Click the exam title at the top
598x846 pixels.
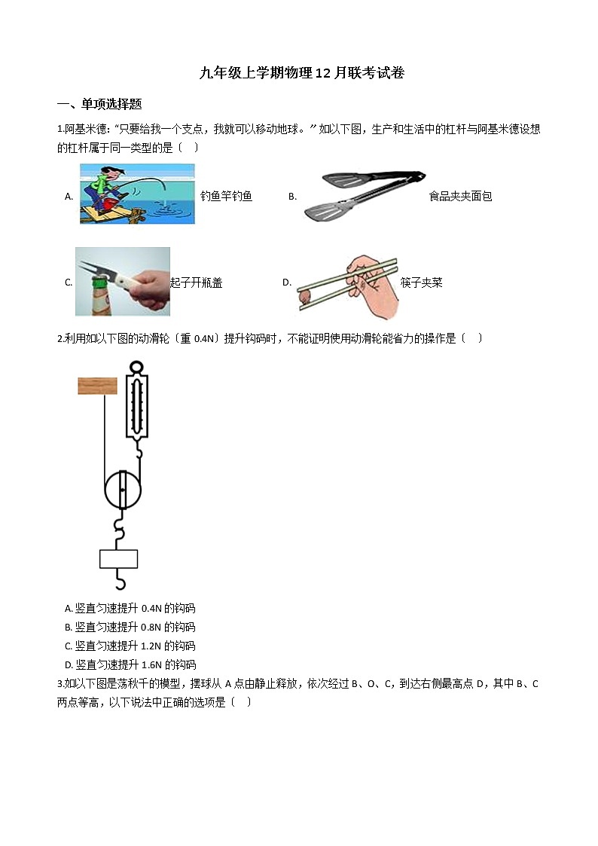301,73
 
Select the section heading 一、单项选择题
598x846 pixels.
99,104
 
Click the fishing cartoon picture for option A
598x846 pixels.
137,194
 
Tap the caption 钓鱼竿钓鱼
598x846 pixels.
226,197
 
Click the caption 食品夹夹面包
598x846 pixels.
460,197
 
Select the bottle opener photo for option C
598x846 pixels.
122,281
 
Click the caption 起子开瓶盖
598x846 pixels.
197,283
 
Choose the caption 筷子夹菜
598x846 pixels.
421,283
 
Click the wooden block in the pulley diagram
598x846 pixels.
97,386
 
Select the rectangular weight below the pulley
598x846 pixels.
118,558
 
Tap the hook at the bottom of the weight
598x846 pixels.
118,580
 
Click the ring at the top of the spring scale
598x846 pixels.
136,367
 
